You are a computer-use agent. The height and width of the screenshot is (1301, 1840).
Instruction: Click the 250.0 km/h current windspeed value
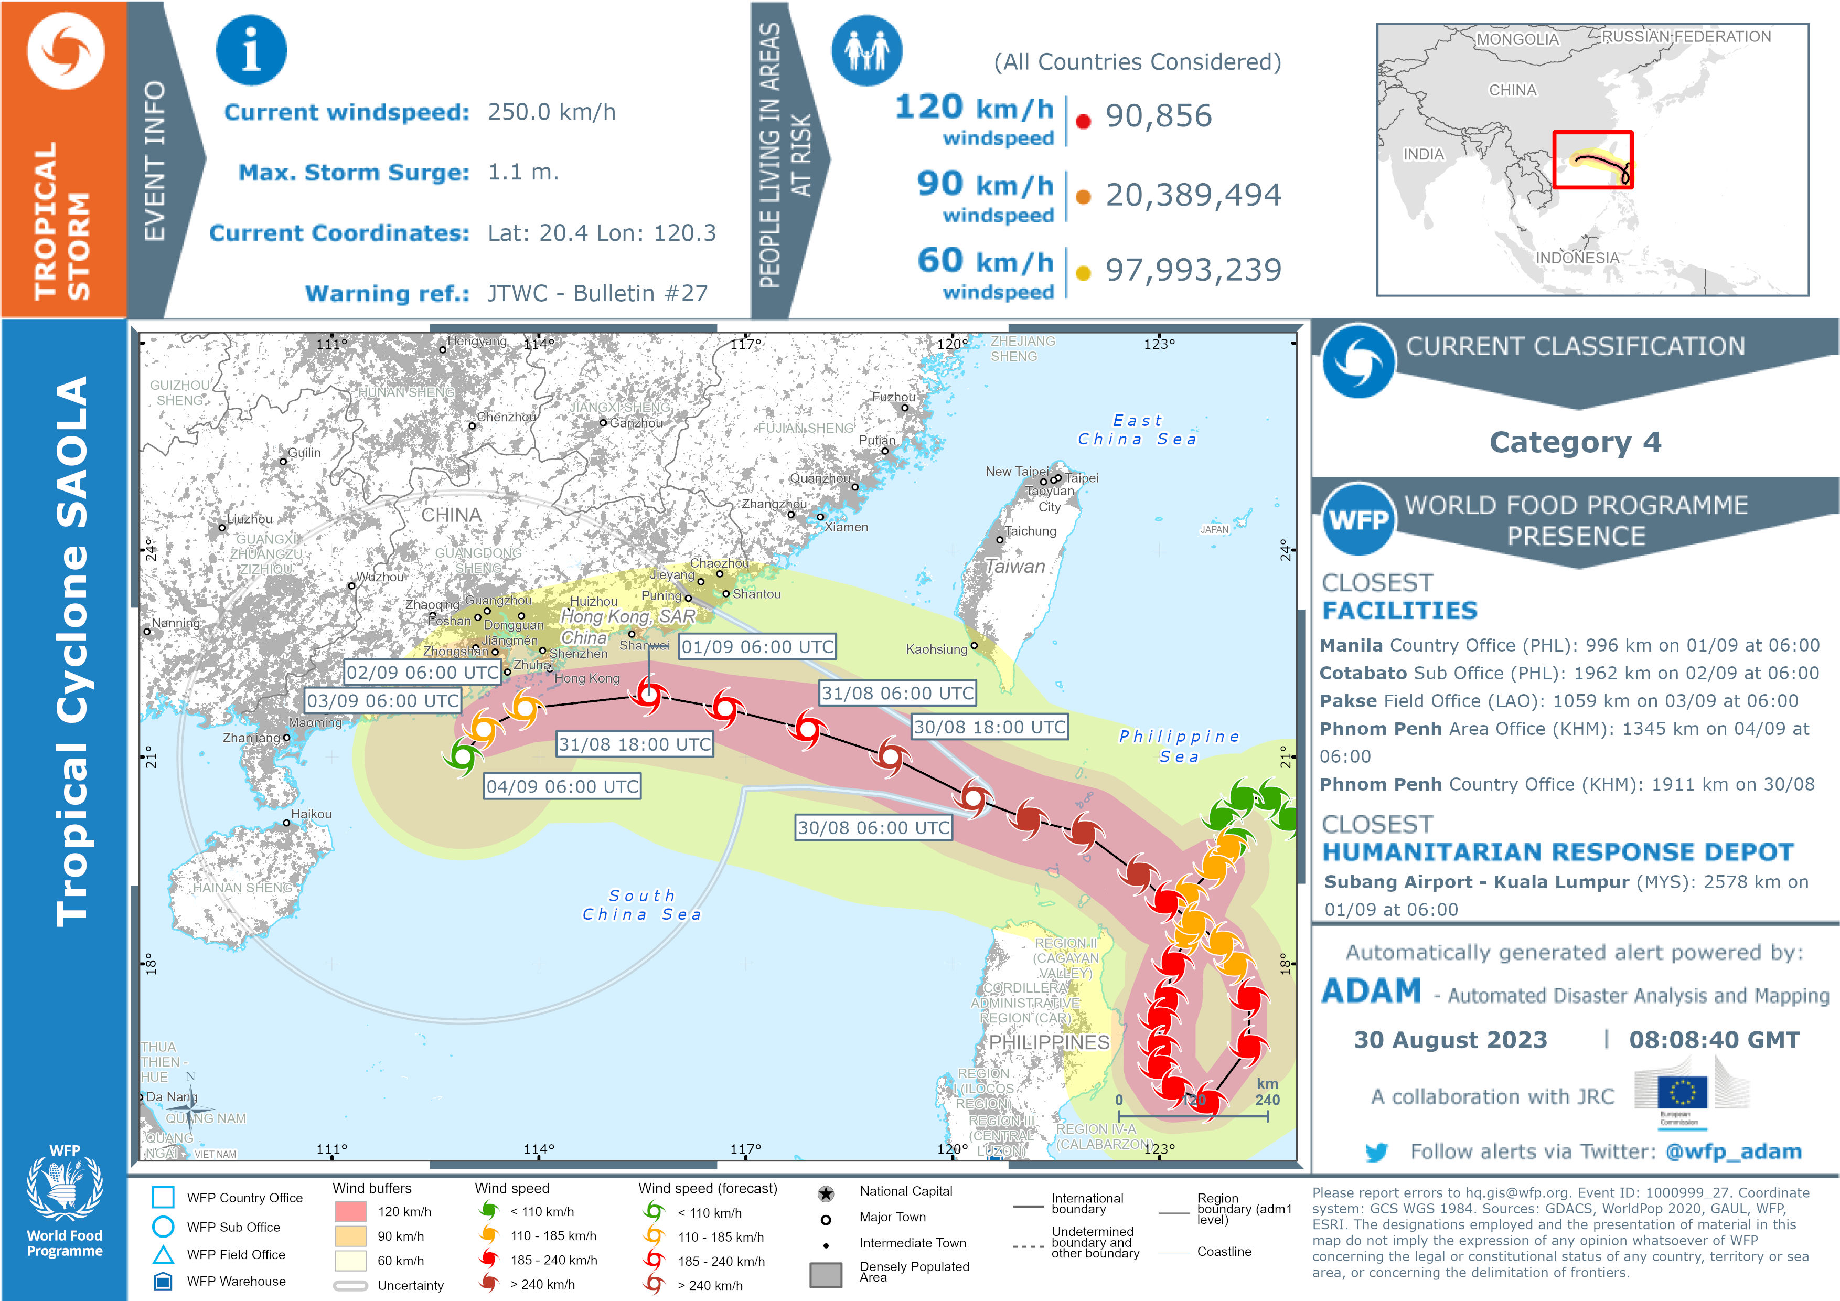click(x=551, y=112)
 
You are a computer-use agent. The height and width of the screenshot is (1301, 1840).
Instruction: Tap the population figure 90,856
click(x=1158, y=116)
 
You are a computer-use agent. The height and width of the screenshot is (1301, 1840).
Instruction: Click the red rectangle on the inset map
click(x=1592, y=159)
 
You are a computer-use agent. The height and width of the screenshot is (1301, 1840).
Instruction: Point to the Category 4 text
click(x=1575, y=442)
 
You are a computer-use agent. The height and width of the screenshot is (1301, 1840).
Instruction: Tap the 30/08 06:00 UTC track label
click(x=873, y=827)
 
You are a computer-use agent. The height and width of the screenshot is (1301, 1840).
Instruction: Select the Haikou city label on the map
click(x=311, y=814)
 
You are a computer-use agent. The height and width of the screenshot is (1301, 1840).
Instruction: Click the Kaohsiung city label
click(x=936, y=648)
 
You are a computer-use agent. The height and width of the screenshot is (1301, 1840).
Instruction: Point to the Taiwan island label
click(x=1014, y=566)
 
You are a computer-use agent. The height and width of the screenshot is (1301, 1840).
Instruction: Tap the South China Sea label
click(x=642, y=904)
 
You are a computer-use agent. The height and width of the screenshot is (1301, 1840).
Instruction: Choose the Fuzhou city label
click(x=893, y=397)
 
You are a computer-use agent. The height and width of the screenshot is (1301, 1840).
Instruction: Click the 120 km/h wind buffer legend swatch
click(x=350, y=1211)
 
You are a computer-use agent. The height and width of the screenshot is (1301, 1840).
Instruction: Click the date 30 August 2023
click(x=1450, y=1040)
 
